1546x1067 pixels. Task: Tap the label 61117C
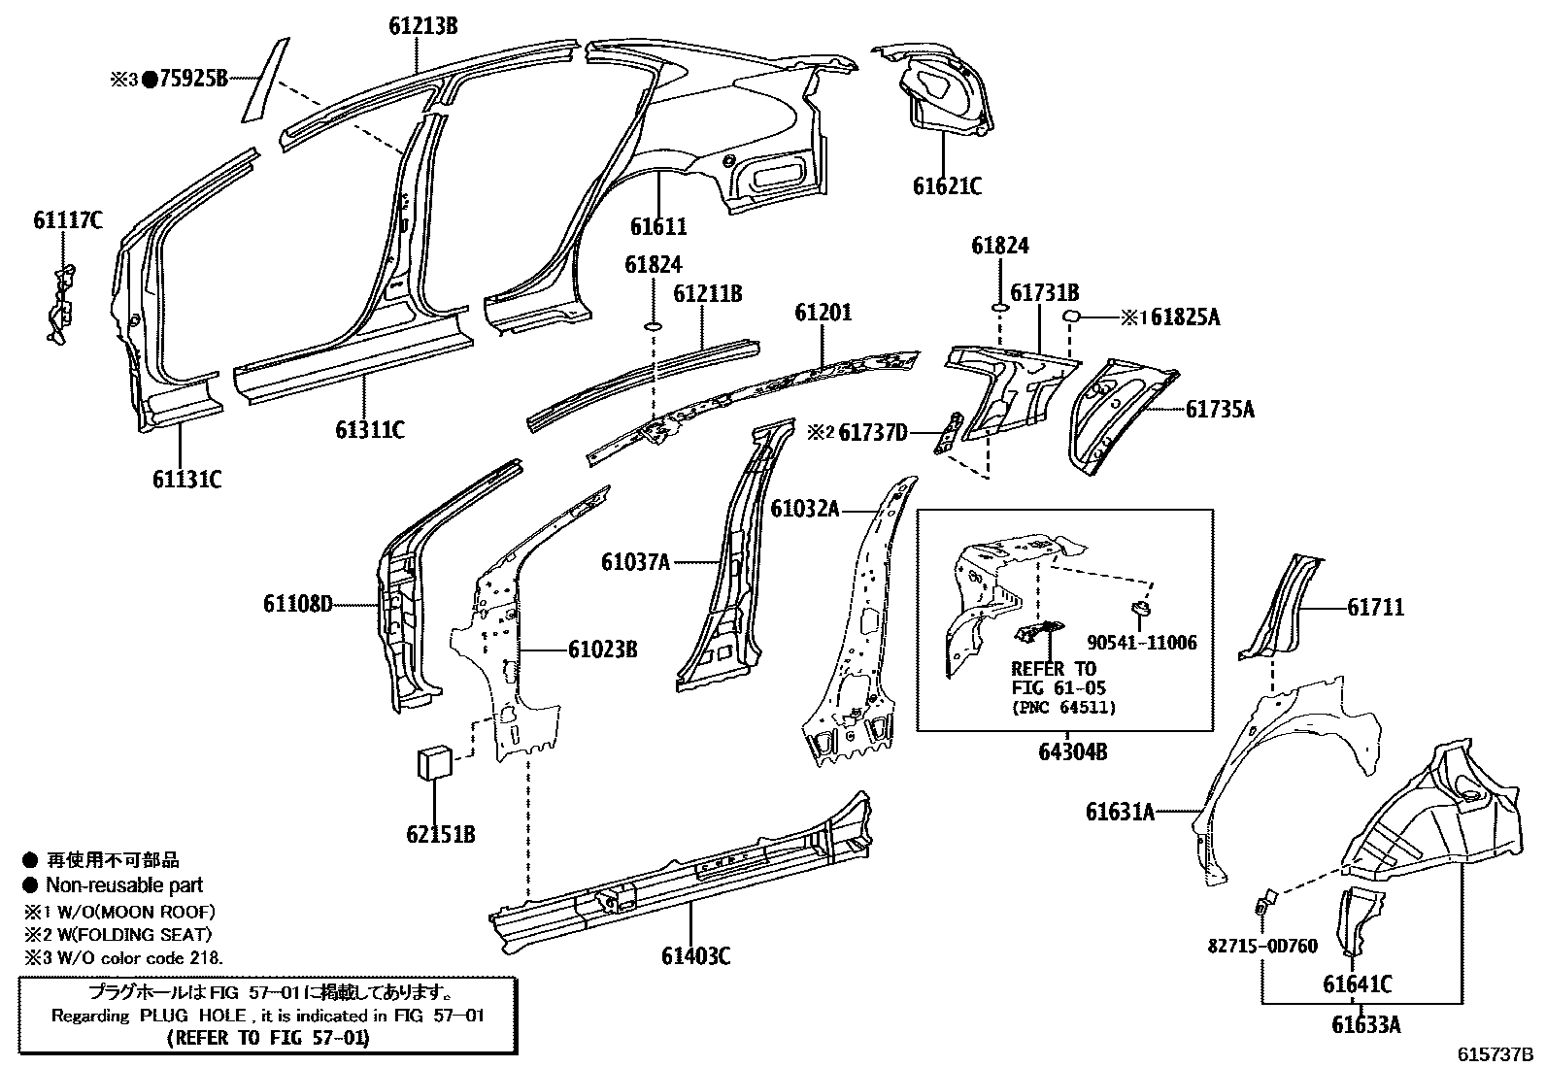67,220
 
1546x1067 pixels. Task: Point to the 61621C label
947,185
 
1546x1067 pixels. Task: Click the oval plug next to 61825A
1072,316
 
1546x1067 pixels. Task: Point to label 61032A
804,508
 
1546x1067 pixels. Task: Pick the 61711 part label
1375,608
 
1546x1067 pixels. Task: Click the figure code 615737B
1493,1053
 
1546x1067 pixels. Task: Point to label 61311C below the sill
370,429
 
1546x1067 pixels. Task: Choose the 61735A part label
1220,410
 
